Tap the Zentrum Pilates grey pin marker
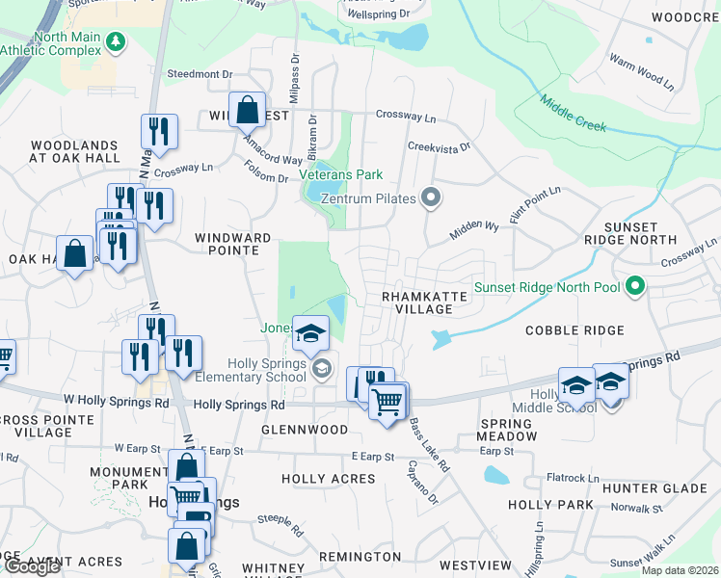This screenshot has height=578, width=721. [x=432, y=198]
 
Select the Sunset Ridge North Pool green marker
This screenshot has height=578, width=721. [x=634, y=285]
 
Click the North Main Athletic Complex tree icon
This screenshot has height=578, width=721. [x=117, y=41]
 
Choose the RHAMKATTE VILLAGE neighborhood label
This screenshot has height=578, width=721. [x=417, y=302]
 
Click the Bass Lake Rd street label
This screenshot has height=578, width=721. [x=430, y=444]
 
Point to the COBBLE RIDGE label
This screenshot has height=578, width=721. [x=574, y=329]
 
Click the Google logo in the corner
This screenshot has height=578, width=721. [x=32, y=566]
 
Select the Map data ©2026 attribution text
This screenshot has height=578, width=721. [x=680, y=570]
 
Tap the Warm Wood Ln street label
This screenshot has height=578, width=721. [x=641, y=71]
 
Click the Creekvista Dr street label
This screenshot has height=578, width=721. [x=439, y=147]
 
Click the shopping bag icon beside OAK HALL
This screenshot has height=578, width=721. [x=75, y=253]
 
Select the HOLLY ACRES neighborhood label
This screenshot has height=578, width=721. [x=328, y=479]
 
